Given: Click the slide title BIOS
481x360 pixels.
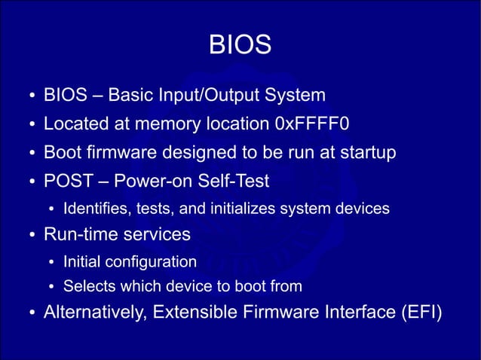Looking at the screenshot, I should [x=240, y=47].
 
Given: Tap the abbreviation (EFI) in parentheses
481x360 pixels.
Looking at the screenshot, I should [x=420, y=313].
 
